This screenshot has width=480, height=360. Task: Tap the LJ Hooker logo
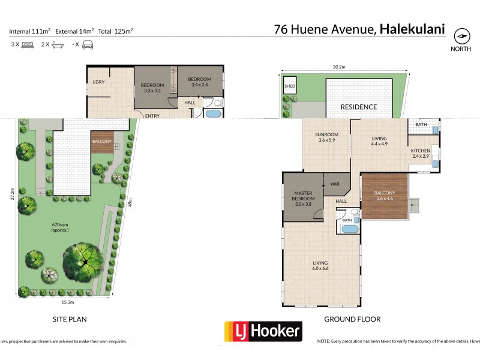point(263,331)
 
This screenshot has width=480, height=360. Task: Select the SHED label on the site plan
point(289,86)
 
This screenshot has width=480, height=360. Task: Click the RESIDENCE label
point(359,107)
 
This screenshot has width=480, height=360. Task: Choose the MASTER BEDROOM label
point(304,195)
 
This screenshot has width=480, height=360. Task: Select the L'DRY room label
point(98,82)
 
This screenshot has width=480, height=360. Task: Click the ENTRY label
point(152,116)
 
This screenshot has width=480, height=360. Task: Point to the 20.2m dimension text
point(343,68)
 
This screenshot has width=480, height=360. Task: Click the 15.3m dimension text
point(67,302)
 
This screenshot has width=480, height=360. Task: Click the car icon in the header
point(87,44)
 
